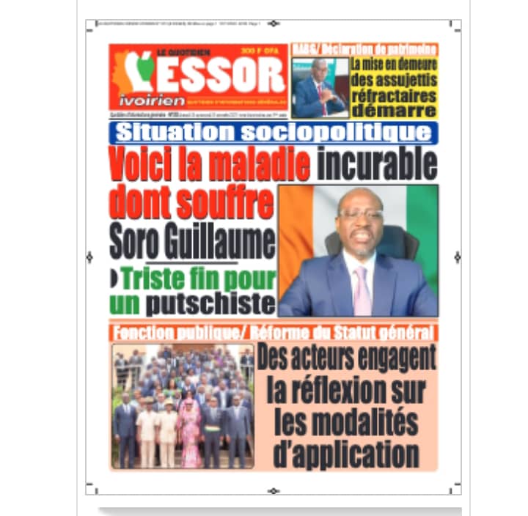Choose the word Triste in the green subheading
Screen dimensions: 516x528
[x=153, y=279]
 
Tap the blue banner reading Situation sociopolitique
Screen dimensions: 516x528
[x=273, y=133]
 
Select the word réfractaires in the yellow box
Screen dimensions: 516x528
[x=394, y=95]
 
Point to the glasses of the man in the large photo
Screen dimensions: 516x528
[x=359, y=214]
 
